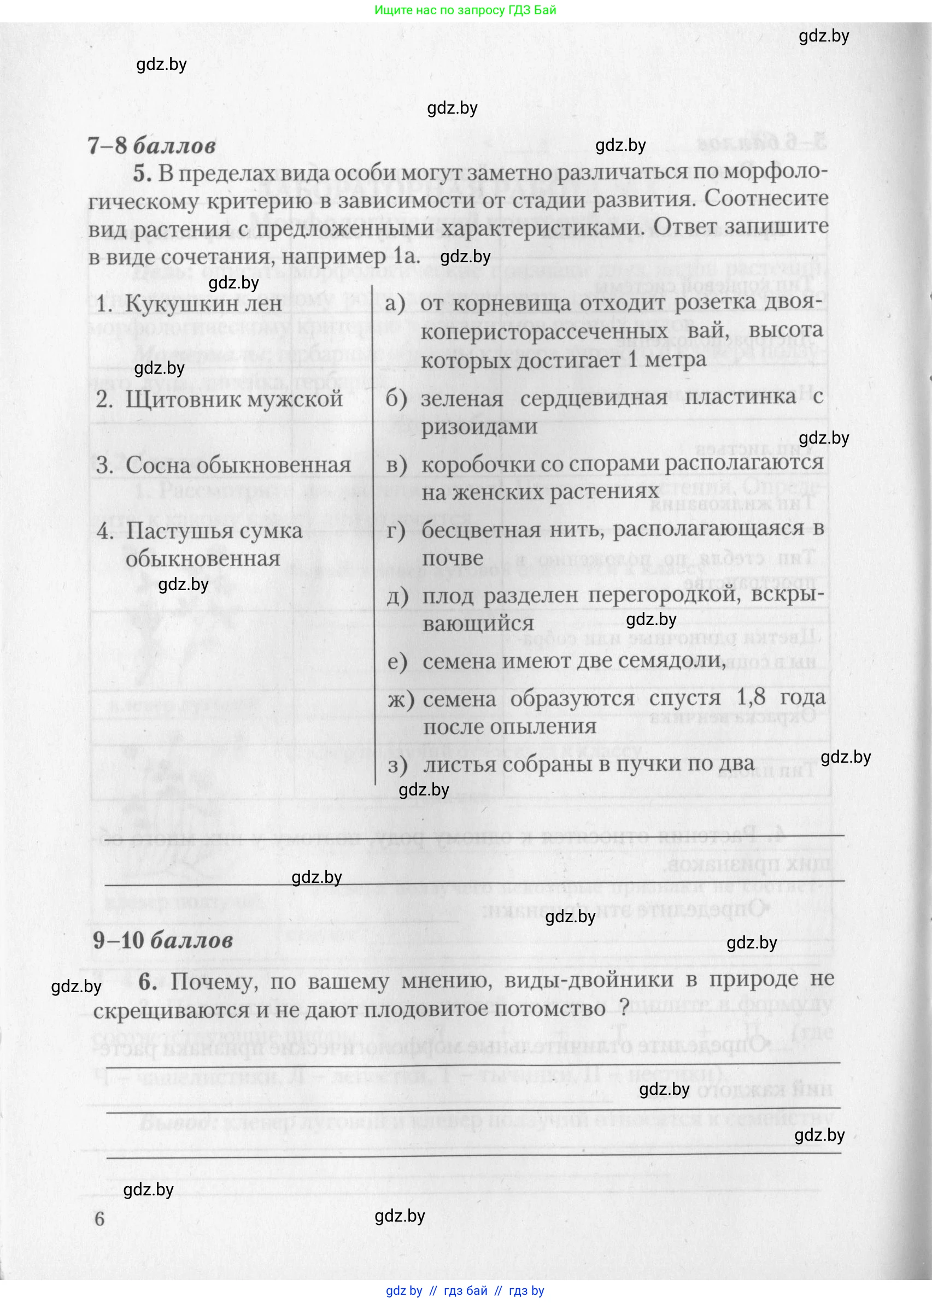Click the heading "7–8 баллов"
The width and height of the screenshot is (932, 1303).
click(x=151, y=146)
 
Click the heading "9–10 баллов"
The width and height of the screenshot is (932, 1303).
click(x=163, y=941)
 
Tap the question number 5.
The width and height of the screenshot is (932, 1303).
click(x=142, y=173)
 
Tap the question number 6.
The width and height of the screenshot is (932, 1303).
click(x=148, y=981)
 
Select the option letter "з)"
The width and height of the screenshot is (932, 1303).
click(x=398, y=764)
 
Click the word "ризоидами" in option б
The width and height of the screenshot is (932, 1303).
click(x=479, y=426)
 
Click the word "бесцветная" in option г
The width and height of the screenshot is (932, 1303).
click(x=481, y=530)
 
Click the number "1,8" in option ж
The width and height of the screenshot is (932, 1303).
click(x=751, y=697)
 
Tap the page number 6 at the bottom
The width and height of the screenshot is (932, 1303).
click(x=99, y=1218)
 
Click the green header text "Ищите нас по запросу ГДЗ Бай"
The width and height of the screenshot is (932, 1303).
click(x=465, y=10)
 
